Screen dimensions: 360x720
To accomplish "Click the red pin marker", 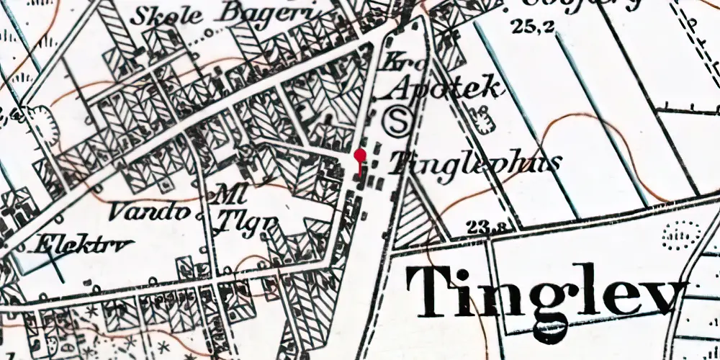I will (360, 156).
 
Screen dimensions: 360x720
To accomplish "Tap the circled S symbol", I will (397, 120).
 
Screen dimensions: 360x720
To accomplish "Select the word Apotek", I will (444, 89).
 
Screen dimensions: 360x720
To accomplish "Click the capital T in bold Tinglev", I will (434, 290).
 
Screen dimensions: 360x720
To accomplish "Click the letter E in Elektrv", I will (46, 243).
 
